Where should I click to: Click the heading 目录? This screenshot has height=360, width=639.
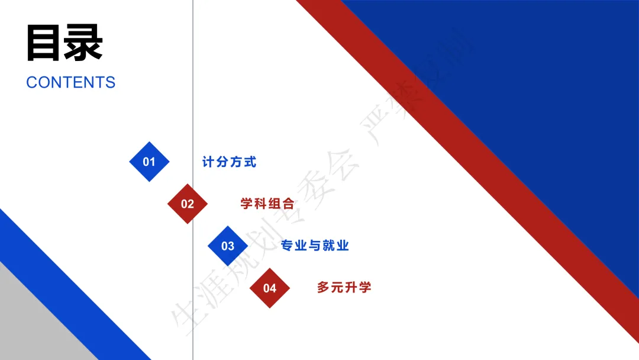click(x=64, y=43)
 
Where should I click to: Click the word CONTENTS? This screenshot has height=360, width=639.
click(x=70, y=82)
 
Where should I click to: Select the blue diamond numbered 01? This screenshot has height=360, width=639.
click(x=149, y=162)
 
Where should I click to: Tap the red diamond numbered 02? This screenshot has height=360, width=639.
click(x=188, y=204)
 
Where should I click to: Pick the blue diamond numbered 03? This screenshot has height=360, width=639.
click(x=228, y=246)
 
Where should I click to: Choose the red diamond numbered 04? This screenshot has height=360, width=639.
click(x=270, y=288)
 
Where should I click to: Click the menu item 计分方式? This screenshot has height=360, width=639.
click(x=229, y=162)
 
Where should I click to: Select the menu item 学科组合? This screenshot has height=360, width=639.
click(x=267, y=204)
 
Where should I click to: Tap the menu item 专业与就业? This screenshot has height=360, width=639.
click(x=315, y=246)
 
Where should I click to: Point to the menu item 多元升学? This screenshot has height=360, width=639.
click(x=344, y=288)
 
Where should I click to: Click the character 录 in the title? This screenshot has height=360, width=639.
click(x=84, y=43)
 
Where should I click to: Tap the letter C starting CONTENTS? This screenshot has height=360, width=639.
click(x=32, y=82)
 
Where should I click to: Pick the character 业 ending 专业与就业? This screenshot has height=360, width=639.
click(x=343, y=246)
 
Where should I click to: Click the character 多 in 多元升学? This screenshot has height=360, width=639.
click(x=324, y=288)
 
